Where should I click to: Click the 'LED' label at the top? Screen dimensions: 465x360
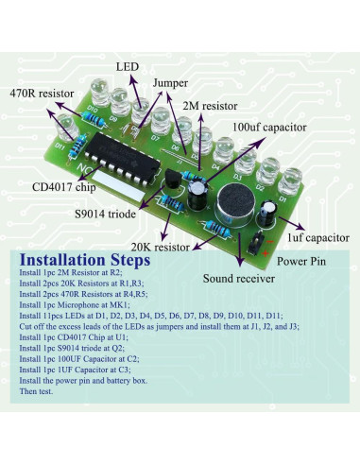pyautogui.click(x=127, y=68)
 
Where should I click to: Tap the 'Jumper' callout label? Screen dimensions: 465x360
pyautogui.click(x=169, y=83)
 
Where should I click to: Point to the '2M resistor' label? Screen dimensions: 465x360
pyautogui.click(x=209, y=106)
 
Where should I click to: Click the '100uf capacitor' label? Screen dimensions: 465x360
pyautogui.click(x=268, y=127)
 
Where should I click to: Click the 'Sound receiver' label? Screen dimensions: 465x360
pyautogui.click(x=240, y=279)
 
